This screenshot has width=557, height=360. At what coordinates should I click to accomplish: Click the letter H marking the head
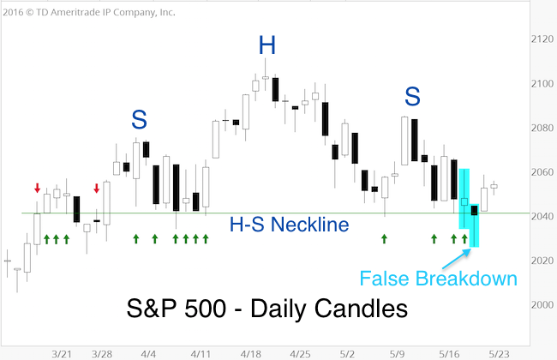click(x=267, y=45)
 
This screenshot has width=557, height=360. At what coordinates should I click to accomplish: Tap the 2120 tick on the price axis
click(x=542, y=39)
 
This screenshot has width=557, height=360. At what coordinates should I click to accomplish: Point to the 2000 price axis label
click(x=542, y=305)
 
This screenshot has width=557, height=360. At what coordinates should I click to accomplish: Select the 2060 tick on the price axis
click(x=542, y=172)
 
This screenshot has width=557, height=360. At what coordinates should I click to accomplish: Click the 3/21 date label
click(x=62, y=354)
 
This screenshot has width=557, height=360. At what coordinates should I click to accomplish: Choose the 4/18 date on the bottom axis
click(x=251, y=354)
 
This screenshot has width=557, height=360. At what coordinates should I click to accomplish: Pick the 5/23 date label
click(x=499, y=354)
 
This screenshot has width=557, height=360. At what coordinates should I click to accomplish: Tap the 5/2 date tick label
click(x=347, y=354)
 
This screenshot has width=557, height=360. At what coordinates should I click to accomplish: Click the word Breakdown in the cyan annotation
click(x=466, y=279)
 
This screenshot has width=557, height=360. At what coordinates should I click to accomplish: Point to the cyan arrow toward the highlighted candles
click(x=457, y=259)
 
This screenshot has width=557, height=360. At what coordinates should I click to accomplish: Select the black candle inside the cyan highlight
click(x=474, y=210)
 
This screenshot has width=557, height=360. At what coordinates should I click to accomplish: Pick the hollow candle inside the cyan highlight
click(x=464, y=201)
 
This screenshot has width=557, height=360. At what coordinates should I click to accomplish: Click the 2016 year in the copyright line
click(x=13, y=13)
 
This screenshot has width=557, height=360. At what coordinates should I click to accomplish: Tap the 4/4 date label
click(x=148, y=354)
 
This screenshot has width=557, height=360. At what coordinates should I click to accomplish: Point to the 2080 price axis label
click(x=542, y=128)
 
